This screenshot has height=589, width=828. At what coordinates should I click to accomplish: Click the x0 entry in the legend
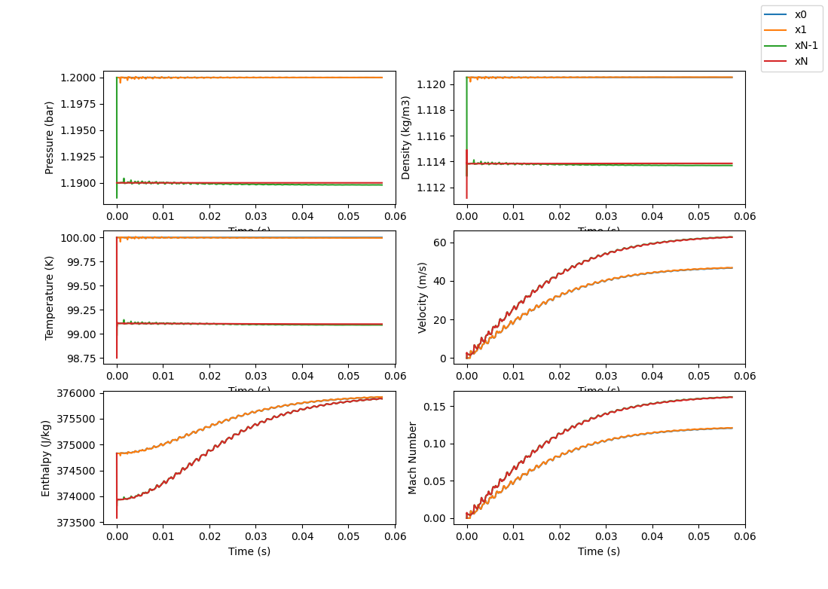(800, 14)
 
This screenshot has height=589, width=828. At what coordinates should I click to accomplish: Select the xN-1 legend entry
(806, 45)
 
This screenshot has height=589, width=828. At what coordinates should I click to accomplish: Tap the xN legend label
(801, 61)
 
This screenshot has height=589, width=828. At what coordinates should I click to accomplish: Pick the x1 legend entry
(800, 30)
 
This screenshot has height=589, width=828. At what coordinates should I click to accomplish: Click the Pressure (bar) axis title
(50, 138)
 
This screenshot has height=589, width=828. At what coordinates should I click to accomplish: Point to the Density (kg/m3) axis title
(406, 138)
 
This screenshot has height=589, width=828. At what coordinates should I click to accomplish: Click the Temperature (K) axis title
(50, 297)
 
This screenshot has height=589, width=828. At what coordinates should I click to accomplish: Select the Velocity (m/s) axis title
(423, 298)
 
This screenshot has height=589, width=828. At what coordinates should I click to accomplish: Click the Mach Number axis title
(412, 457)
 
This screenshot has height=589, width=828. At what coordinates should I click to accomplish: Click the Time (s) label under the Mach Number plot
(599, 551)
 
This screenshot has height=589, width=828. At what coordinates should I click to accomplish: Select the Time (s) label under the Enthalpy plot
(249, 551)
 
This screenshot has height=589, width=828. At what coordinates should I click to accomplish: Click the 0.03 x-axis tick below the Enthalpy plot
(255, 536)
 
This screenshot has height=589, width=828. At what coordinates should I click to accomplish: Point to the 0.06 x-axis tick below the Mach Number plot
(744, 536)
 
